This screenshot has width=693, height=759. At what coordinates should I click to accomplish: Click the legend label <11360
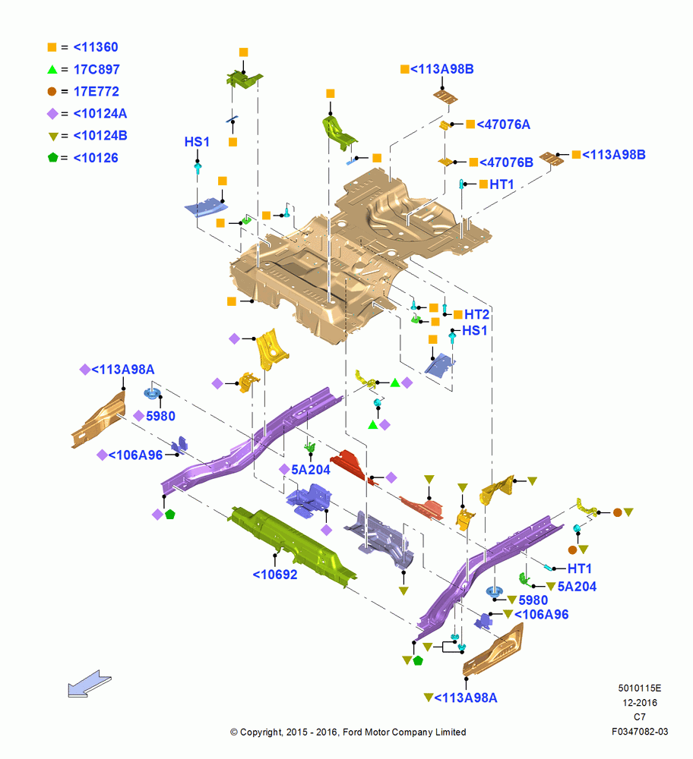(96, 47)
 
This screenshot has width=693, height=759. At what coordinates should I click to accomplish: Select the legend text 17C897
(97, 69)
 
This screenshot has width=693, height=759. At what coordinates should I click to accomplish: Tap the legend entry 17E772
(96, 92)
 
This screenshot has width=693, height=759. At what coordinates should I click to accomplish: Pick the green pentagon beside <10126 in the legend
(53, 158)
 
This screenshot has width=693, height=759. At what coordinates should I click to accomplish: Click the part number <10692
(275, 575)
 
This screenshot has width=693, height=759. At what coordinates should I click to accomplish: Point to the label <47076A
(503, 124)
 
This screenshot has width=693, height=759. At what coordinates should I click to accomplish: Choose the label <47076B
(506, 162)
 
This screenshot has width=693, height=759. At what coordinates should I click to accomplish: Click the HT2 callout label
(477, 315)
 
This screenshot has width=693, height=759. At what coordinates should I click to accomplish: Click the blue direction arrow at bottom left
(89, 684)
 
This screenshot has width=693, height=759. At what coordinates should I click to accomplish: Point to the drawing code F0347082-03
(640, 732)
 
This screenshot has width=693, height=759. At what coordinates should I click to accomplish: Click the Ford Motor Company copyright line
(348, 732)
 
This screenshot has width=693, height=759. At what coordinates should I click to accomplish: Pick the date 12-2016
(640, 703)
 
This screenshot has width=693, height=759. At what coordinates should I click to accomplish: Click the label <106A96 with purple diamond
(135, 455)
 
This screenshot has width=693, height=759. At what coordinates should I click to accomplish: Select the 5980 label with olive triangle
(533, 600)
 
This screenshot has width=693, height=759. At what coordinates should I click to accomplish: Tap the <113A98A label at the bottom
(465, 698)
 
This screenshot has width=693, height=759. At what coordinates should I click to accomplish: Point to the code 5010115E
(640, 688)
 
